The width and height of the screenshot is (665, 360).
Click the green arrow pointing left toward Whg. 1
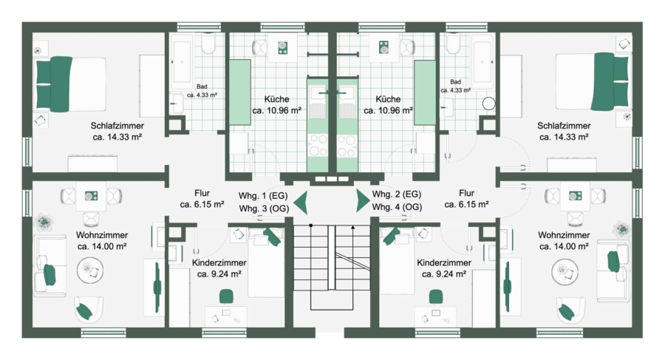301,203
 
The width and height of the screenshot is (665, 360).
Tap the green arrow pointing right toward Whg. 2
363,201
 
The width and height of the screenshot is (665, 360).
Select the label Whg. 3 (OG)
265,208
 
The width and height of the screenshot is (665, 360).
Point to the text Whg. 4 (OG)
397,207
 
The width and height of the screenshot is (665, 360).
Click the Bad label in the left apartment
202,86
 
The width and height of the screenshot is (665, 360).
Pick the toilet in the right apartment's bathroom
454,44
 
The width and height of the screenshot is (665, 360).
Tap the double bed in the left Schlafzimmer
71,84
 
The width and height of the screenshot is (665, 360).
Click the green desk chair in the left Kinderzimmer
227,296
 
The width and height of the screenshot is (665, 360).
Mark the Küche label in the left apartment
276,99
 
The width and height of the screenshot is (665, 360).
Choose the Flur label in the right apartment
466,193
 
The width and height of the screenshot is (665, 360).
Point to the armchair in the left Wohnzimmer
89,310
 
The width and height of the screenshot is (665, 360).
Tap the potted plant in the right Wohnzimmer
622,229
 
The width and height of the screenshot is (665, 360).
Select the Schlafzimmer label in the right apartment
564,126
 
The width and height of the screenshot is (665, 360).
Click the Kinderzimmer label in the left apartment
219,263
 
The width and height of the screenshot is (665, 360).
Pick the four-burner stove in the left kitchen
318,145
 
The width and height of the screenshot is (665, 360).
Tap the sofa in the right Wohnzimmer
613,270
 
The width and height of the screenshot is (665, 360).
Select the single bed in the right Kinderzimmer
397,261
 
